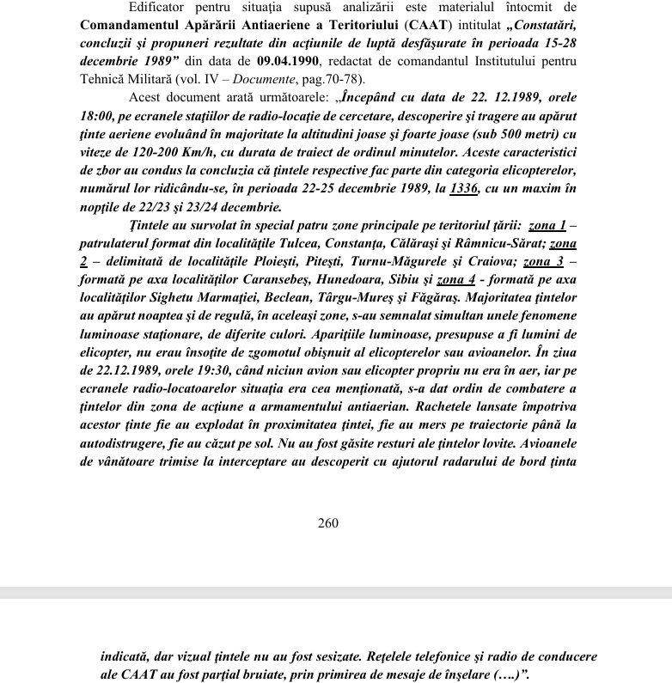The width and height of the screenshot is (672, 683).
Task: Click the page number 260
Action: (x=328, y=522)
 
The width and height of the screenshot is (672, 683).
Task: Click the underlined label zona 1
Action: (x=547, y=226)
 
